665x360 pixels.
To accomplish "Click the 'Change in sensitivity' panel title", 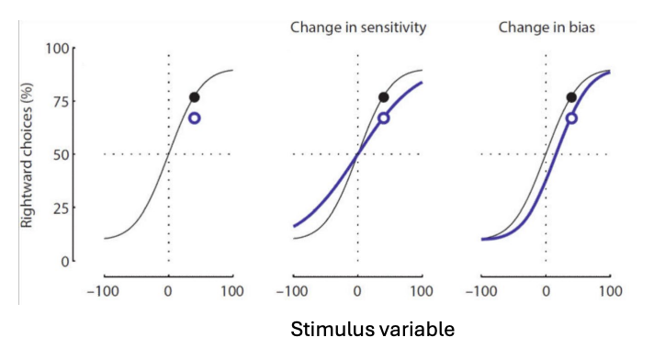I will pyautogui.click(x=357, y=28).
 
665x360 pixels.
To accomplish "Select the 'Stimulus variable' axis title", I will pyautogui.click(x=372, y=329).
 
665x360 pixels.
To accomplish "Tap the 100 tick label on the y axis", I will pyautogui.click(x=56, y=48).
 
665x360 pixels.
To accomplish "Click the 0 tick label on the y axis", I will pyautogui.click(x=63, y=261).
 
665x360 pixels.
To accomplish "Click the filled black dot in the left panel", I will pyautogui.click(x=195, y=97).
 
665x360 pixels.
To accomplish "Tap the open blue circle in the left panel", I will pyautogui.click(x=195, y=118).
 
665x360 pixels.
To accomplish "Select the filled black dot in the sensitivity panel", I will pyautogui.click(x=384, y=97).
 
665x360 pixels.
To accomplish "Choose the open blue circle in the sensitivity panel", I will pyautogui.click(x=384, y=118).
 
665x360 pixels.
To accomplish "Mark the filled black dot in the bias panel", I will pyautogui.click(x=571, y=97).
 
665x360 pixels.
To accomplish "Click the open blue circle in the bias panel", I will pyautogui.click(x=571, y=118).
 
